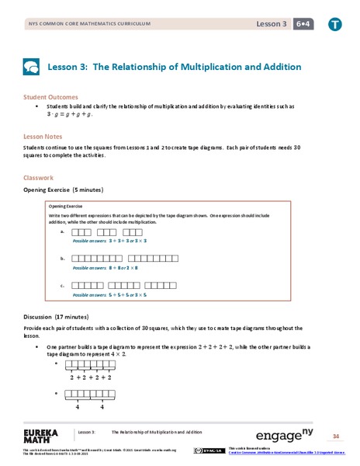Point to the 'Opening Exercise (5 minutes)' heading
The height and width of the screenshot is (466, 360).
tap(63, 190)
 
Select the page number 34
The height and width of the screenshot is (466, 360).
tap(336, 436)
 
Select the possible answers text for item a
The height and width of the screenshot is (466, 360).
tap(109, 242)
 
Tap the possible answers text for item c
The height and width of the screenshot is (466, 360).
tap(109, 295)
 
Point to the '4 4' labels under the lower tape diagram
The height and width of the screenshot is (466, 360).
tap(89, 406)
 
